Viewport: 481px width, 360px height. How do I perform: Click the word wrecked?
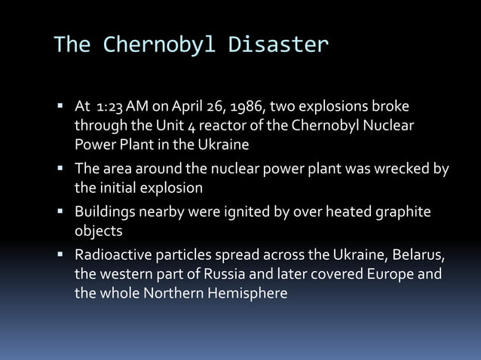(x=400, y=169)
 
